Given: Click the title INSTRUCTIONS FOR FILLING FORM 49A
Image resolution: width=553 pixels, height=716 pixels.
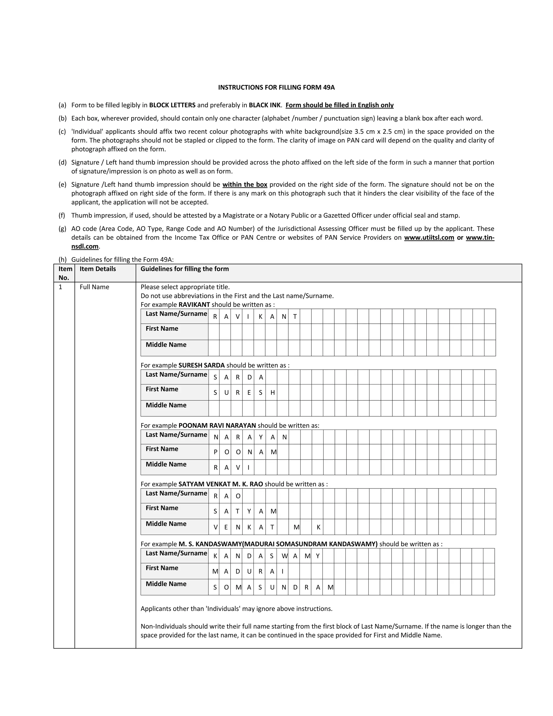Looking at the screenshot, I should [x=276, y=87].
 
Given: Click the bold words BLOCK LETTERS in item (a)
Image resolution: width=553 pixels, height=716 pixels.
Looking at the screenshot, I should [x=172, y=105].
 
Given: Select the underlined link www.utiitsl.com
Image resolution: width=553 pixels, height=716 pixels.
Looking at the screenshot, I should [x=429, y=237].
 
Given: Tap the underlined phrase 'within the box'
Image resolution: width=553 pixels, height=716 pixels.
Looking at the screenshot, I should [x=245, y=184].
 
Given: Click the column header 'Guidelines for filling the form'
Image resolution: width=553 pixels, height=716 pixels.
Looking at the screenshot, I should [x=184, y=269].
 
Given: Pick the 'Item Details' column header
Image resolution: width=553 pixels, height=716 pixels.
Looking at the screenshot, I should [x=98, y=269].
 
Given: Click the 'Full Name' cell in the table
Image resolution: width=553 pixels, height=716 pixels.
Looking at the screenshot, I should [x=94, y=287].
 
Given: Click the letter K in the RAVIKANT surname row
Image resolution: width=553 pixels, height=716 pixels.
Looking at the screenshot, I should [x=260, y=317].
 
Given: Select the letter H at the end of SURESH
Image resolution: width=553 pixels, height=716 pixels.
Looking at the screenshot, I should [x=272, y=392].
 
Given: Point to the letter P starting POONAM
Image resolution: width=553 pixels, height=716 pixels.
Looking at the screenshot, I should [x=215, y=452].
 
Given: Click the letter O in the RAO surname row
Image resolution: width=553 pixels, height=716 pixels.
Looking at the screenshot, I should [x=238, y=496].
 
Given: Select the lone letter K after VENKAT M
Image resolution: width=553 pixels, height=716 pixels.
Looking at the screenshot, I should [x=318, y=527].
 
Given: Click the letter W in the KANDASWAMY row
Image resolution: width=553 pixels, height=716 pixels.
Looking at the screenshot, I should [x=284, y=556].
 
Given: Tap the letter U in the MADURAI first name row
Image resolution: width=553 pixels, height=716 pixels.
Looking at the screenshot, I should [x=249, y=571].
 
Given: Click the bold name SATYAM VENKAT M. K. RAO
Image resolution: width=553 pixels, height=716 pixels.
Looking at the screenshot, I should [x=221, y=484].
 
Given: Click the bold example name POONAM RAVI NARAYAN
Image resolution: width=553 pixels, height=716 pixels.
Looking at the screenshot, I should [x=217, y=425].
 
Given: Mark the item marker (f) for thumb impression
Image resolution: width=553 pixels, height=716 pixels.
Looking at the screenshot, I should [x=62, y=215].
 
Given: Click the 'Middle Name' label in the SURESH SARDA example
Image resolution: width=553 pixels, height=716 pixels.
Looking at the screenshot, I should [x=166, y=405].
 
